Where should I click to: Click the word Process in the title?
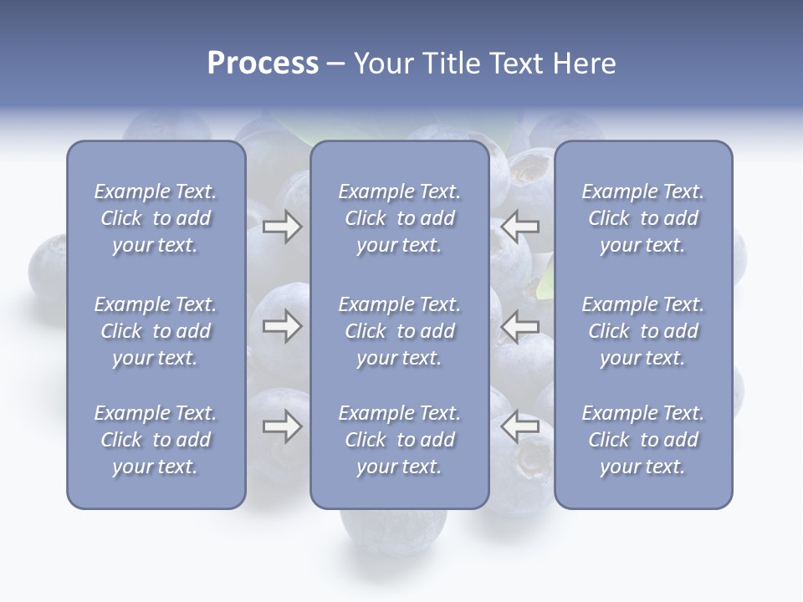(x=263, y=64)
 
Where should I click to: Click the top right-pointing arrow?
(x=282, y=227)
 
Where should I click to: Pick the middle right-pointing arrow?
(x=282, y=326)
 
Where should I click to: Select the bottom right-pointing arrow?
(x=282, y=427)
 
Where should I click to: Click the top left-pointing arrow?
(x=519, y=227)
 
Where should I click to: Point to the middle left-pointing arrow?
(x=519, y=326)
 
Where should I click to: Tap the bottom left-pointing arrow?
(x=519, y=427)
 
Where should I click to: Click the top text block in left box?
(x=156, y=218)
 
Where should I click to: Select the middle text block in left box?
(x=156, y=331)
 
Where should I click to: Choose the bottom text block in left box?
(x=156, y=440)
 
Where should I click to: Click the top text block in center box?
(x=400, y=218)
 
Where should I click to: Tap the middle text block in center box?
(x=400, y=331)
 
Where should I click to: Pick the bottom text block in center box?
(x=400, y=440)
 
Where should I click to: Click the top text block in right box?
(x=643, y=218)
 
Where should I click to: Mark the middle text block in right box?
(x=643, y=331)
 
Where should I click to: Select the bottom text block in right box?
(x=643, y=440)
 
